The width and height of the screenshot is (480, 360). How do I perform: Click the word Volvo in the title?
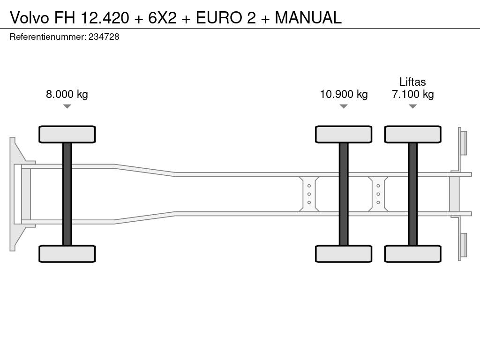[30, 17]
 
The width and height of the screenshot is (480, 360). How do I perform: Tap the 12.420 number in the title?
[105, 17]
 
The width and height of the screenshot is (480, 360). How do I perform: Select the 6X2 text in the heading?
[163, 17]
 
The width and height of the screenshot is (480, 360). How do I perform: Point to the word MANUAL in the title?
[308, 17]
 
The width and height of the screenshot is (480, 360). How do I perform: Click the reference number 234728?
[104, 37]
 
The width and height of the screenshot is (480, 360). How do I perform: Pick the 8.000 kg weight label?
[67, 94]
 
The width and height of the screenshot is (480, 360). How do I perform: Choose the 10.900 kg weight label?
[344, 94]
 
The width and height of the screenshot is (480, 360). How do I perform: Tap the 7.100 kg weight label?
[413, 94]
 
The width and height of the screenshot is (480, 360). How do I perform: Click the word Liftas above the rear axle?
[412, 82]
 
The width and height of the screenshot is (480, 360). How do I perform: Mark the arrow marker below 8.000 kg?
[67, 106]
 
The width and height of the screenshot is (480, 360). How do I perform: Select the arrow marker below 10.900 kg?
[344, 106]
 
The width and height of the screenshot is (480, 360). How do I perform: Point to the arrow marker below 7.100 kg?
[413, 106]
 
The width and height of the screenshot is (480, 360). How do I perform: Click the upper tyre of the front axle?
[67, 135]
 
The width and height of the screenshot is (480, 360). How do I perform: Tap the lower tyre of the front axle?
[67, 254]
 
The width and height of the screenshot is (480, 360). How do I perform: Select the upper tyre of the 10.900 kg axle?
[344, 135]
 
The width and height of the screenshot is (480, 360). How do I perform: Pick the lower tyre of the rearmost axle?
[413, 254]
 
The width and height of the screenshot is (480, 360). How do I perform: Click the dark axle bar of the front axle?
[67, 194]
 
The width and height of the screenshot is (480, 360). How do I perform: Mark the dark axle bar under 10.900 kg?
[344, 194]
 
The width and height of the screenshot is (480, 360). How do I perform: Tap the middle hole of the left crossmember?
[309, 194]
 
